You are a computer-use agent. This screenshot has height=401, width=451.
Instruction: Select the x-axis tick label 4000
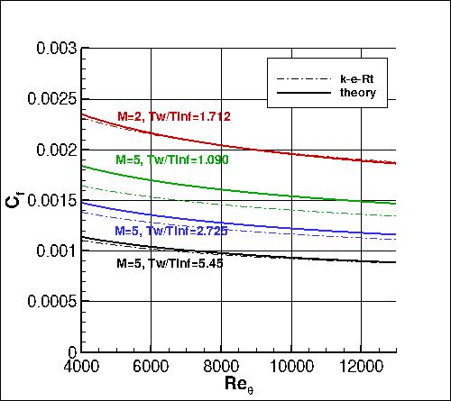click(x=81, y=368)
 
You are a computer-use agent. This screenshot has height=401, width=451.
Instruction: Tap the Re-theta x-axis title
click(x=230, y=388)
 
